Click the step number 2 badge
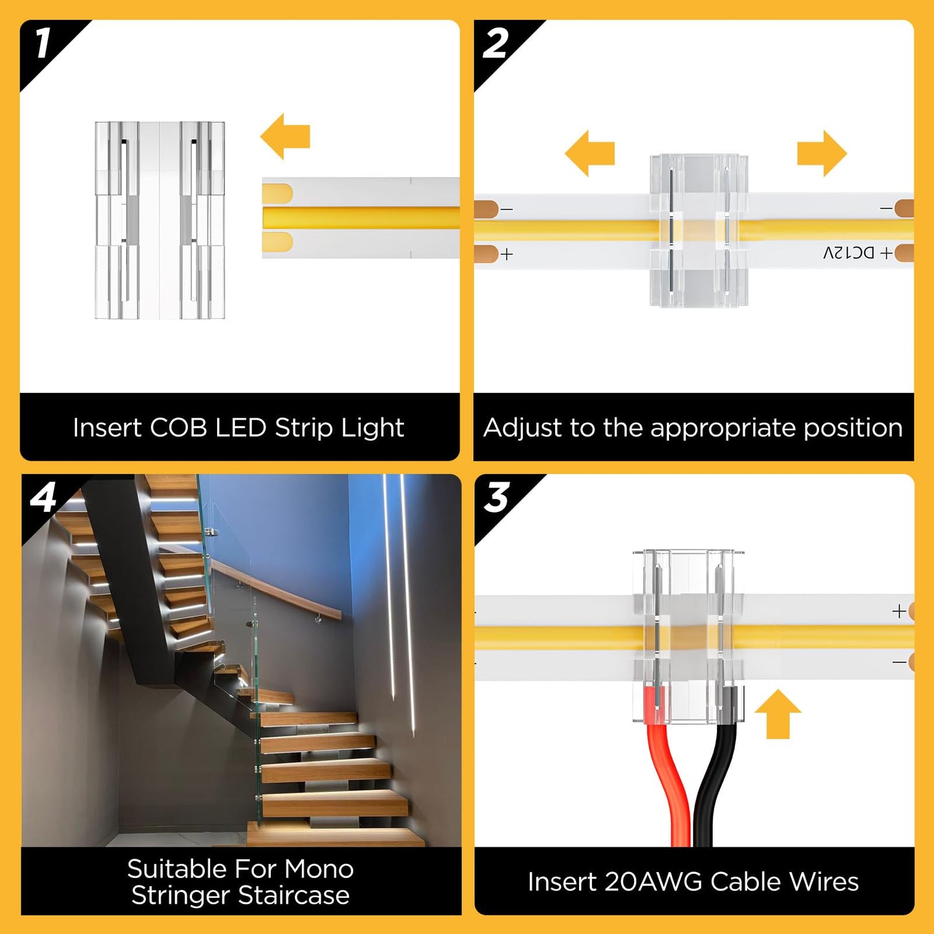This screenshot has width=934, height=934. point(496,44)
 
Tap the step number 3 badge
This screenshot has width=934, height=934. point(496,498)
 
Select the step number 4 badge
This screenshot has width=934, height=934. point(43,498)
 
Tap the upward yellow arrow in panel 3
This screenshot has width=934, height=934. point(778,714)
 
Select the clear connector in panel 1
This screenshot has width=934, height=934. point(160,220)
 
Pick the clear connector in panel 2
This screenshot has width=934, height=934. point(699,230)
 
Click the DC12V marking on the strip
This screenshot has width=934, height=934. point(849,253)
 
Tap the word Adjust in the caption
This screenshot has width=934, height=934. point(521,428)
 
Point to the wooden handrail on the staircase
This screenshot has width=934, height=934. point(278,588)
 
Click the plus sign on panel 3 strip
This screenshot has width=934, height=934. point(898,611)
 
